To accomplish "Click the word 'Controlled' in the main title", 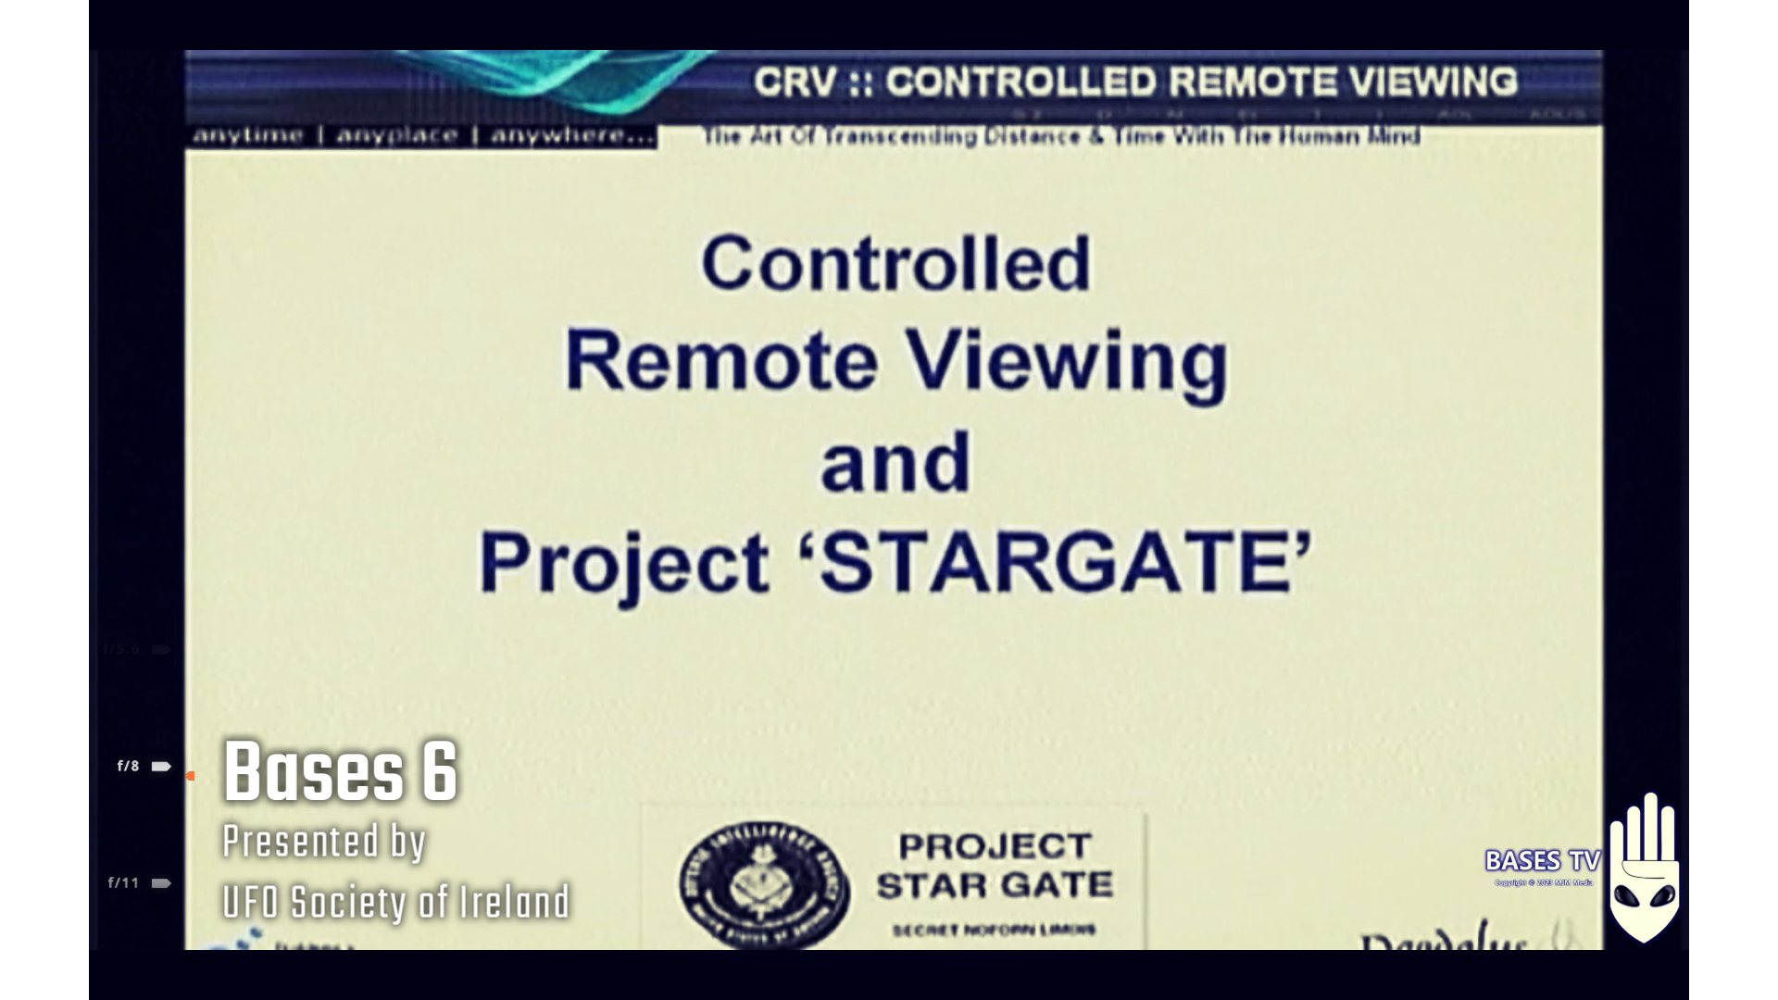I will coord(895,264).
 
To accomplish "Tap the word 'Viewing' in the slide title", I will coord(1066,363).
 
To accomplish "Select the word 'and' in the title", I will coord(895,463).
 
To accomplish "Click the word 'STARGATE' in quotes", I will coord(1055,562).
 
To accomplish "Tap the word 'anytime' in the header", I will coord(247,136).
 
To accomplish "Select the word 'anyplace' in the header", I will coord(396,136).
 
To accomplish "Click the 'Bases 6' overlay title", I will coord(340,771).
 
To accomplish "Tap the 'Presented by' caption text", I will coord(323,842).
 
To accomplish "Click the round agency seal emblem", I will coord(763,884).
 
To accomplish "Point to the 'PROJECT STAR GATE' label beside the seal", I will coord(994,866).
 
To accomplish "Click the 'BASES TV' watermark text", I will coord(1542,861).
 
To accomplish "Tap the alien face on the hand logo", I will coord(1644,897).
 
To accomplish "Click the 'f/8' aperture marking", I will coord(128,766).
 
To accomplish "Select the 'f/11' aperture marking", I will coord(123,882).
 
